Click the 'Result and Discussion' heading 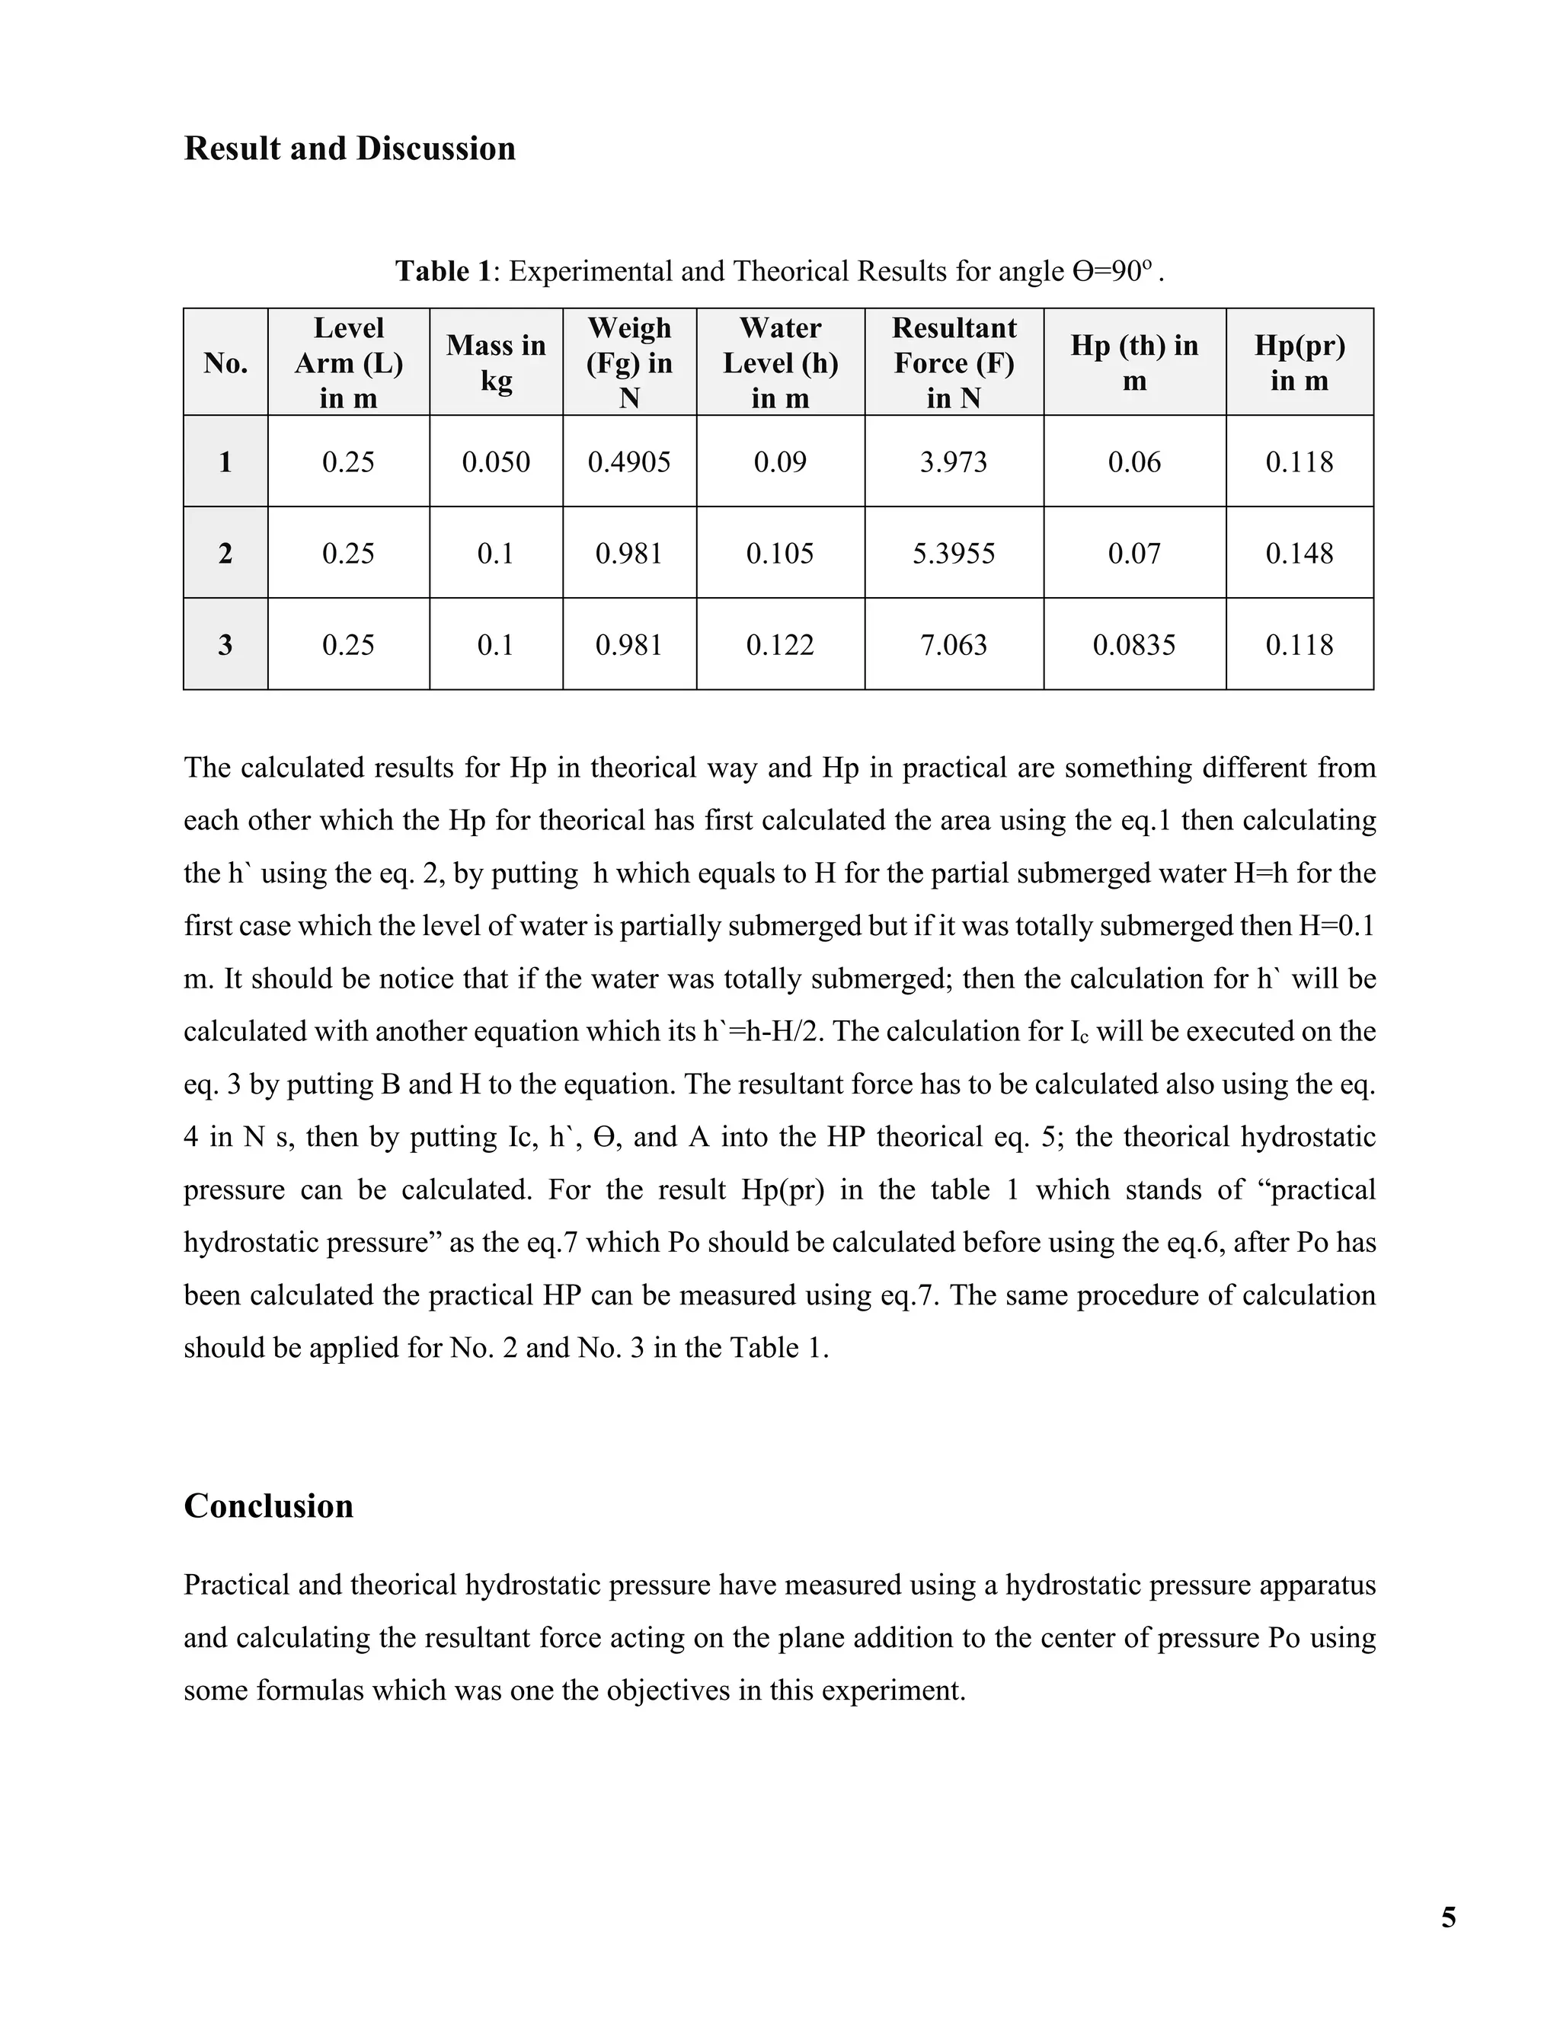(350, 148)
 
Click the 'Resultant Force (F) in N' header (953, 362)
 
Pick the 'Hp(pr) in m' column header (1299, 362)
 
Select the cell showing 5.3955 (953, 553)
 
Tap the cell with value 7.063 (953, 644)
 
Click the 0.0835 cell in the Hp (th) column (1134, 644)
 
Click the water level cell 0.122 (780, 644)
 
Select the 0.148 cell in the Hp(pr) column (1299, 553)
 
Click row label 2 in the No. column (225, 553)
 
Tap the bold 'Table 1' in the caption (443, 271)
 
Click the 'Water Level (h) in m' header (780, 362)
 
